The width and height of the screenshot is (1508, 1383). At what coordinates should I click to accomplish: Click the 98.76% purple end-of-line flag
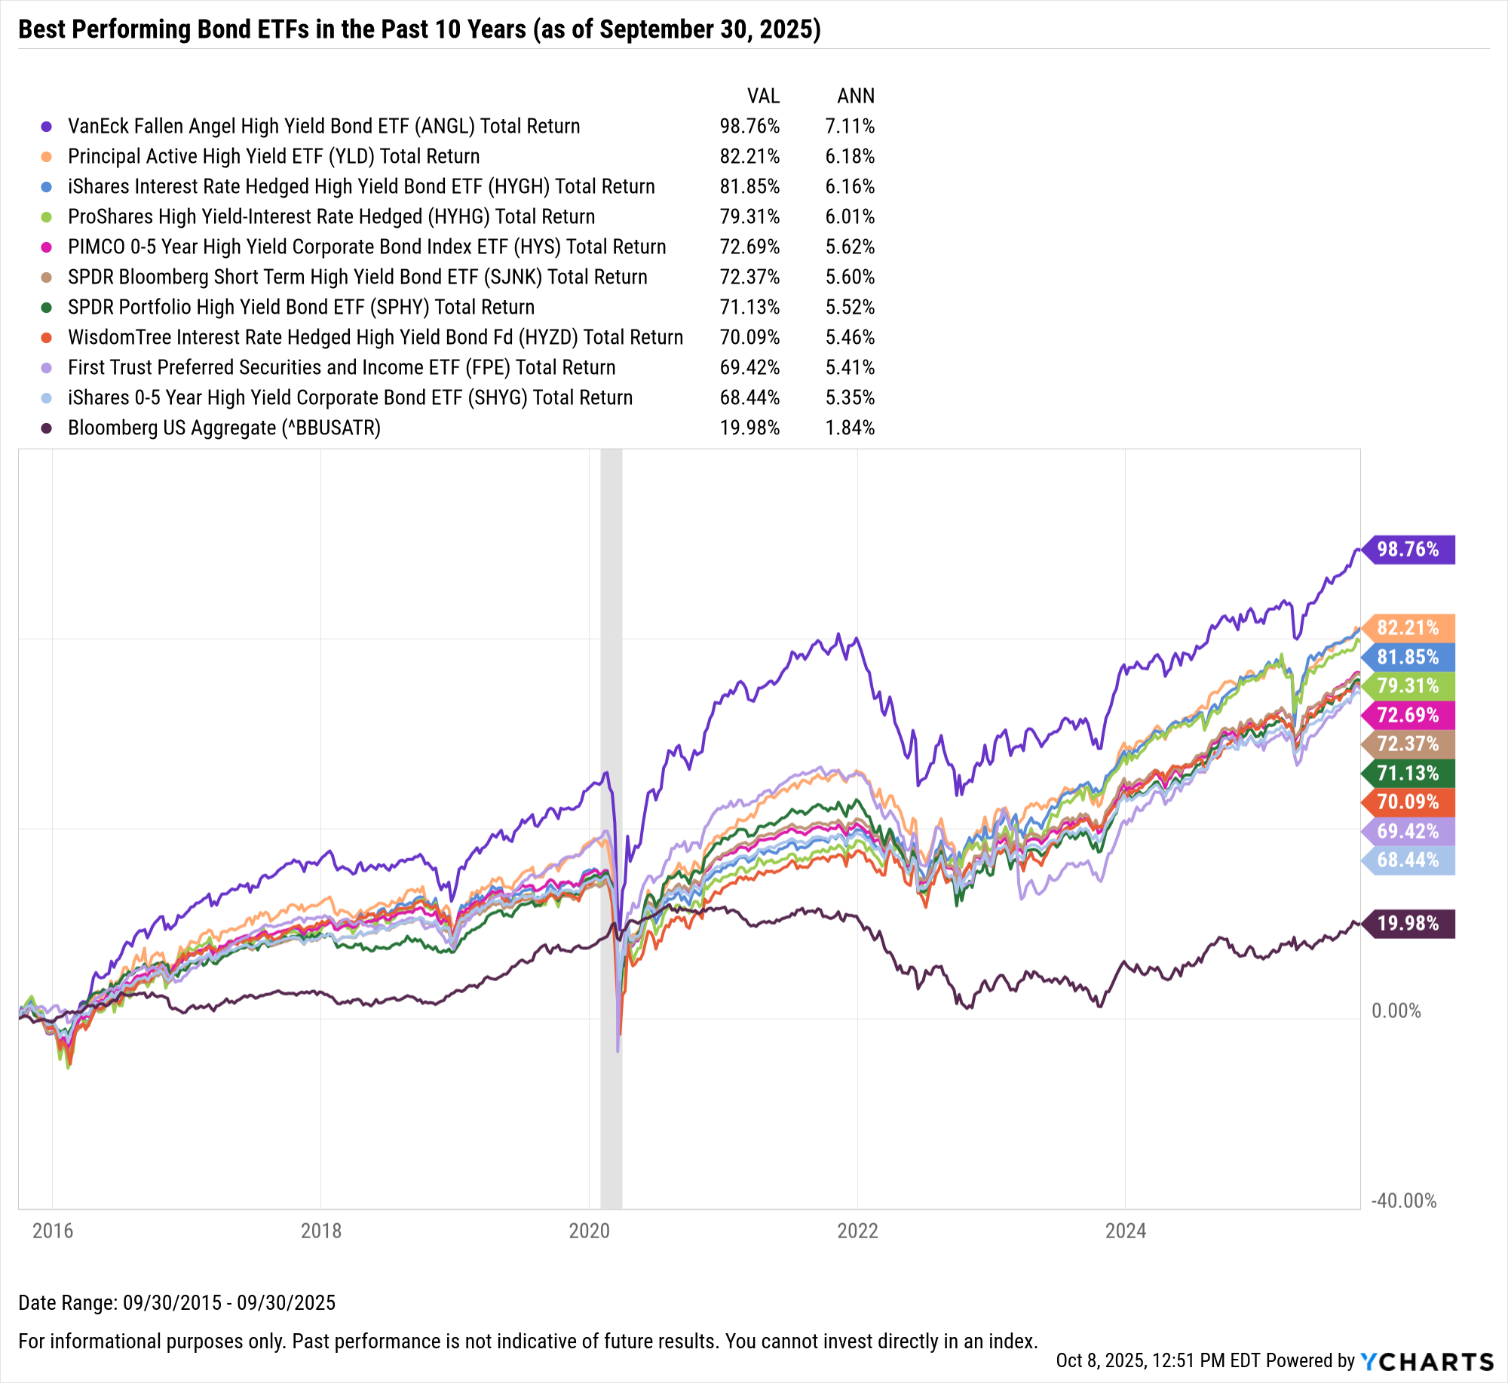click(1408, 550)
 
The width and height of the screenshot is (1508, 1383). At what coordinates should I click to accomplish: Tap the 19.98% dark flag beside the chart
click(1408, 924)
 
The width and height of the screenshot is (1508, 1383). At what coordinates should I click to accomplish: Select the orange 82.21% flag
click(1408, 627)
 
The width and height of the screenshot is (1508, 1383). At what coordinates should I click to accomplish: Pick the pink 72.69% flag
click(1408, 715)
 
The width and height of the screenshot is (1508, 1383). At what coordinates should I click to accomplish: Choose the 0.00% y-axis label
click(1396, 1010)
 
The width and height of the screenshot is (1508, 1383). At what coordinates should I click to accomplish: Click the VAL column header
click(763, 97)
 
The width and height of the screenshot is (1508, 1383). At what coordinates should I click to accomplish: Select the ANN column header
click(856, 97)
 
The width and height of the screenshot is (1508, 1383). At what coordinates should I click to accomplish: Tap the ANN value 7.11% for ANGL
click(850, 126)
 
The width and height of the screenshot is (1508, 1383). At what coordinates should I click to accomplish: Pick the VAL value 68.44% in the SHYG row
click(749, 397)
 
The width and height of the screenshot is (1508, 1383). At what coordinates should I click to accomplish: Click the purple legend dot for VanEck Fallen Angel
click(47, 127)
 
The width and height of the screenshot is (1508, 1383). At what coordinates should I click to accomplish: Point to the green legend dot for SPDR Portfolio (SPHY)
click(47, 308)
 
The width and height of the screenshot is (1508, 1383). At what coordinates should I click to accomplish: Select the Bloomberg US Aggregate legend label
click(224, 428)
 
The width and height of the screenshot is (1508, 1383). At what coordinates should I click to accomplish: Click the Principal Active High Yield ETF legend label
click(274, 156)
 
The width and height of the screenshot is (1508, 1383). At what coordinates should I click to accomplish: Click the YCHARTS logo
click(1427, 1361)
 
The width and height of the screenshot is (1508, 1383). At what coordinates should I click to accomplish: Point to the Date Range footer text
click(176, 1302)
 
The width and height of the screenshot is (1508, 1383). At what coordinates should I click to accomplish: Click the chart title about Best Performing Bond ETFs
click(419, 29)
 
